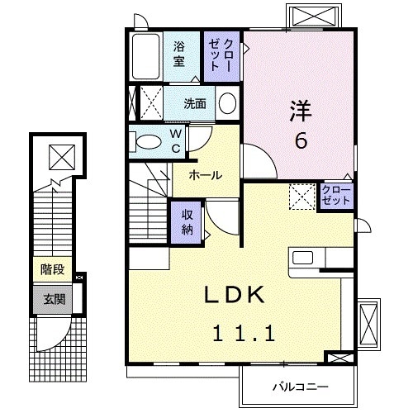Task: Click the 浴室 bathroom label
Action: coord(179,50)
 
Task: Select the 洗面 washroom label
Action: coord(195,104)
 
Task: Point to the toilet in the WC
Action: coord(148,141)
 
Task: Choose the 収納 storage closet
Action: coord(188,221)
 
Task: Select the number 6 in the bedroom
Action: coord(301,140)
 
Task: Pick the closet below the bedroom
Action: coord(336,197)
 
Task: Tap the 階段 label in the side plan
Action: coord(52,270)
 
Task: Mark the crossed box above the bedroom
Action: coord(316,17)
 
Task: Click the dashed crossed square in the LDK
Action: coord(300,197)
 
